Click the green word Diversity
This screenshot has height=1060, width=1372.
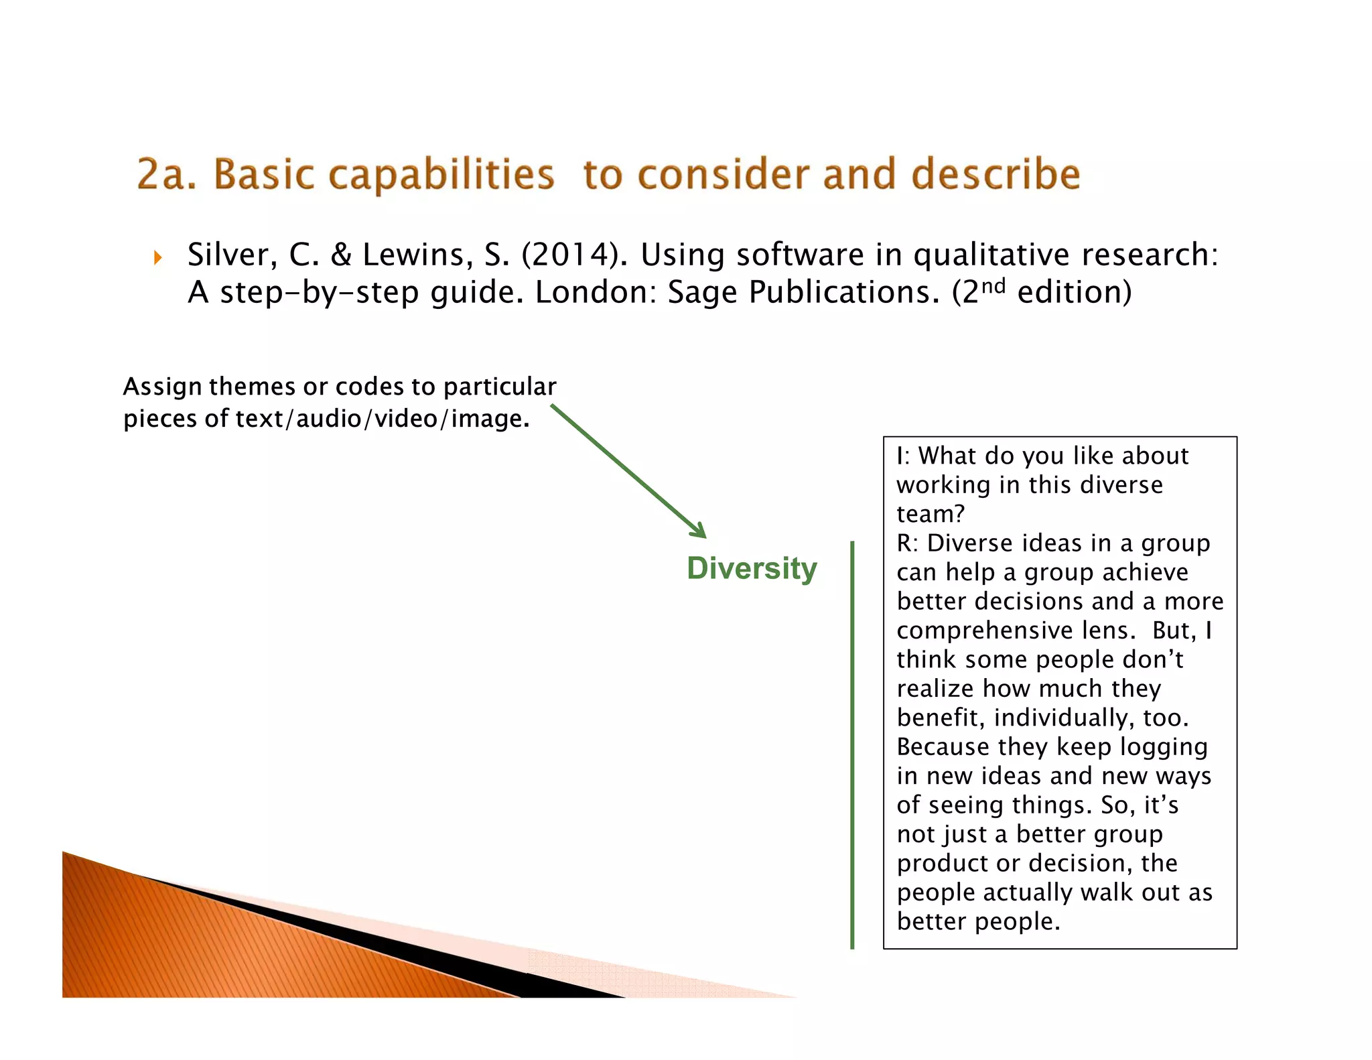[752, 568]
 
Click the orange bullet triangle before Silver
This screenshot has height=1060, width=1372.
[158, 257]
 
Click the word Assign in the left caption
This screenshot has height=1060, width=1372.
[162, 387]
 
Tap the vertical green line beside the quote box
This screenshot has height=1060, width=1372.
[852, 744]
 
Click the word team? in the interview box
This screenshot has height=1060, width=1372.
[931, 514]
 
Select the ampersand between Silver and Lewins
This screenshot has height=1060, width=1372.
[341, 255]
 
